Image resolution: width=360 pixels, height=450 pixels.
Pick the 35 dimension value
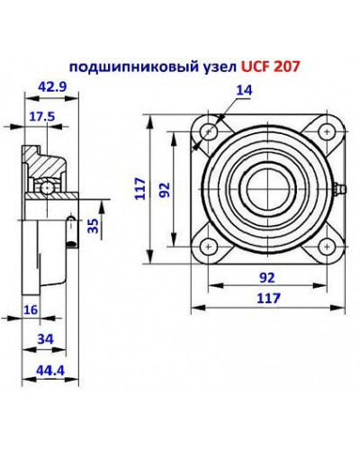tap(91, 226)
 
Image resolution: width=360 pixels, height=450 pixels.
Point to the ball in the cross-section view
tap(45, 186)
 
